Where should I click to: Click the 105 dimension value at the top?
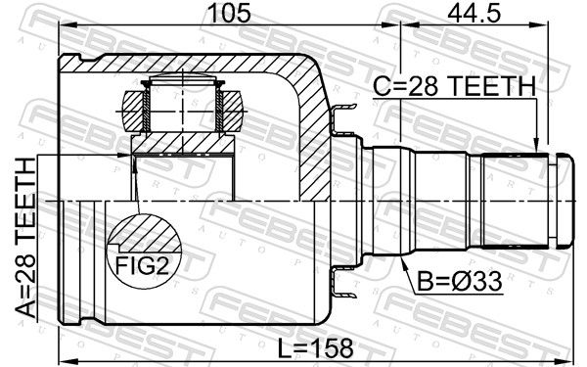point(230,14)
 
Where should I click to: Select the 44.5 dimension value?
point(474,14)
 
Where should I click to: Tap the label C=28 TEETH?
point(455,86)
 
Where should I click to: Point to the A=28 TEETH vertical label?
point(25,238)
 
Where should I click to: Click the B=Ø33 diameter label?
point(460,281)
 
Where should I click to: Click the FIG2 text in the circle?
point(142,265)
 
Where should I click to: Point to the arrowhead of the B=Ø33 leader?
point(403,262)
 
